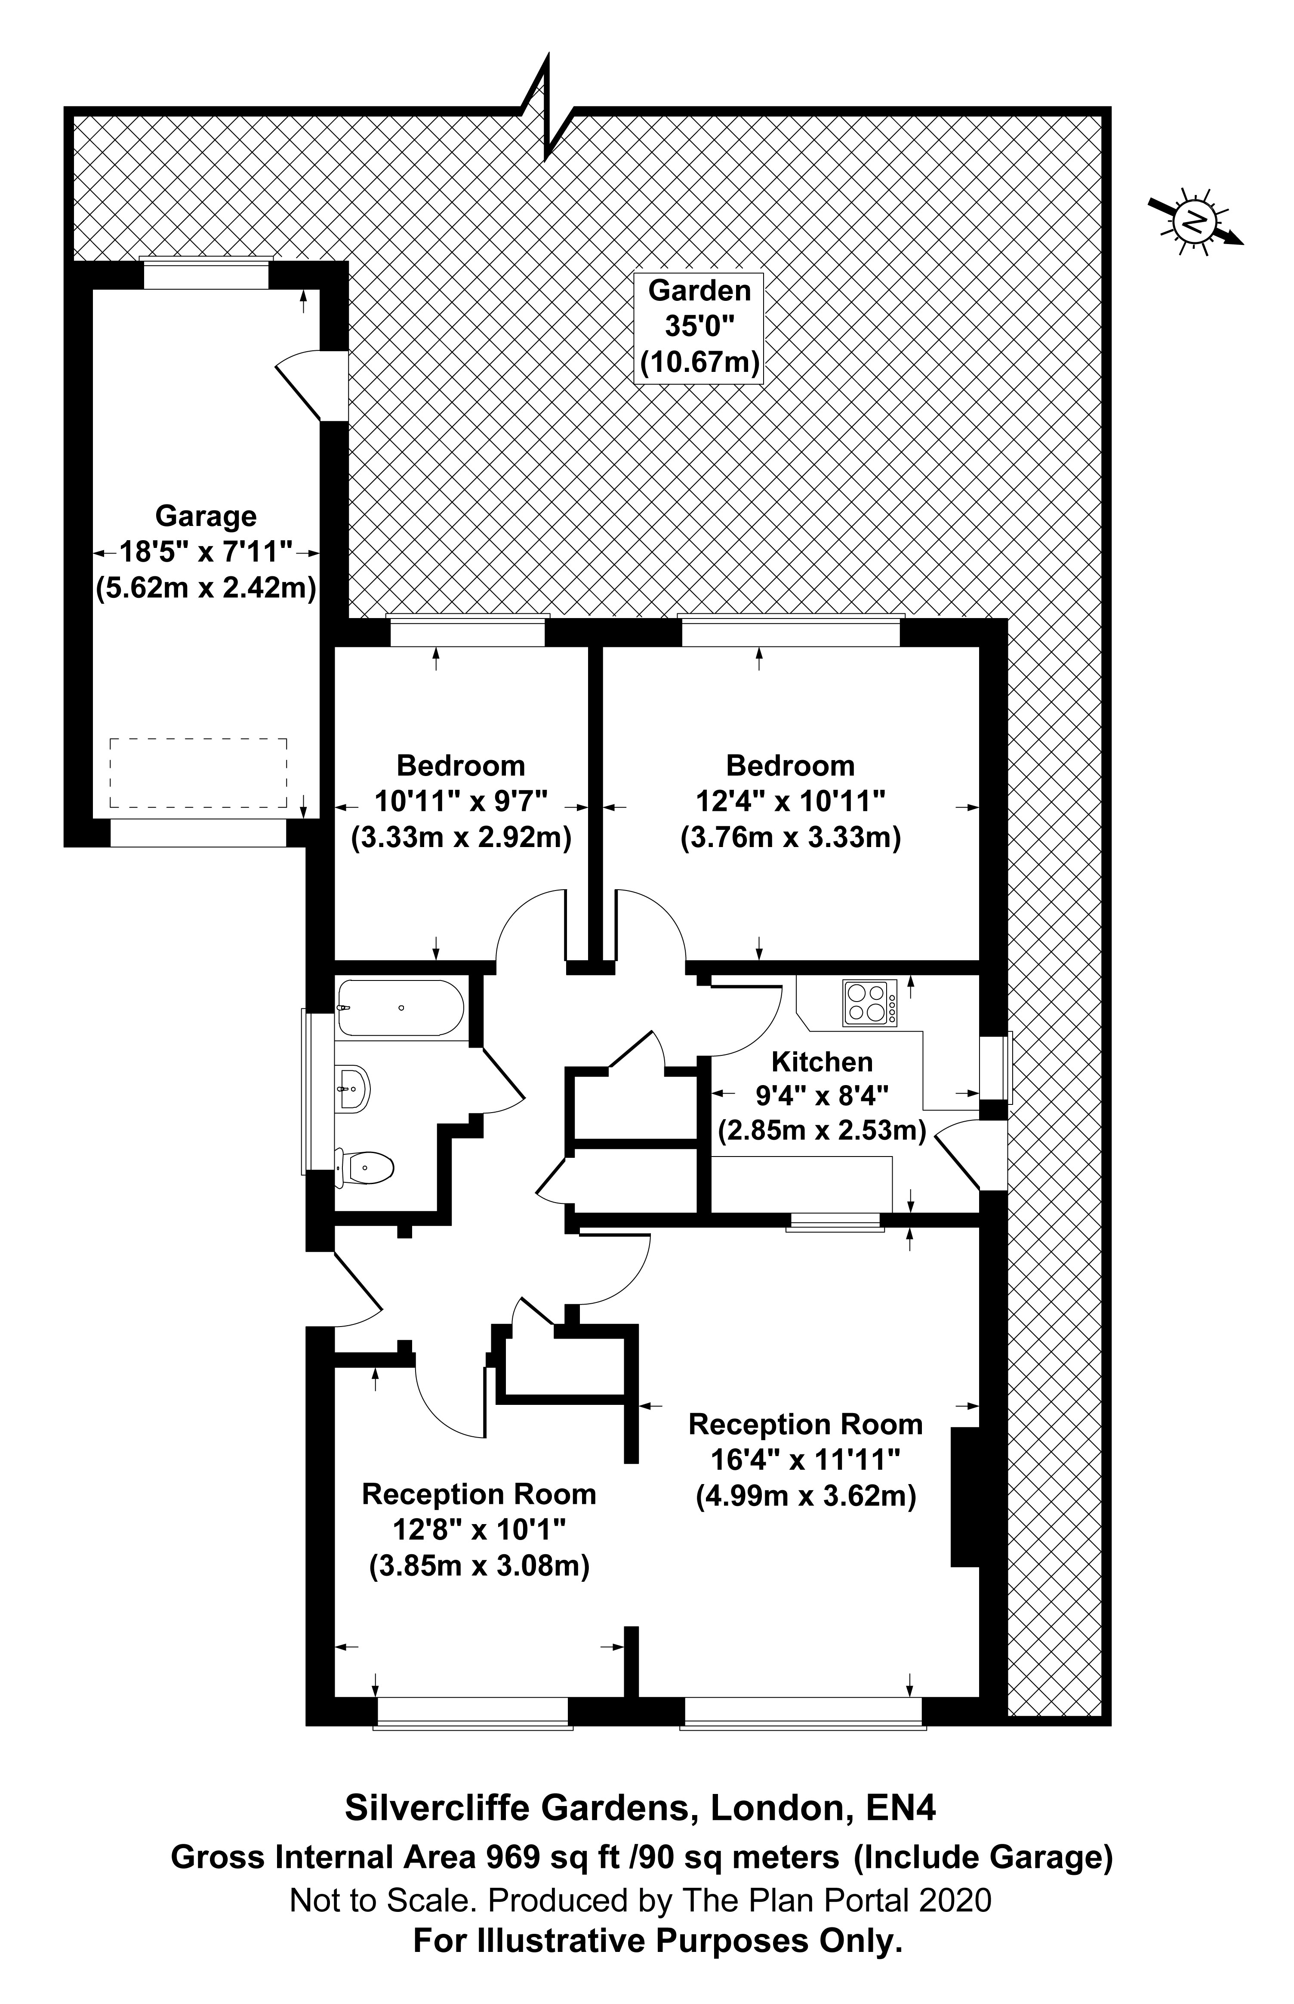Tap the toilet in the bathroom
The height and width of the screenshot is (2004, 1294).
[365, 1167]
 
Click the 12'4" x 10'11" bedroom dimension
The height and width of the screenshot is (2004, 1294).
[791, 801]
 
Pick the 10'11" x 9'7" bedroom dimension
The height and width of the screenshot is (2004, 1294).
[461, 801]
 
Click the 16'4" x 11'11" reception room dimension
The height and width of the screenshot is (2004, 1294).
[806, 1460]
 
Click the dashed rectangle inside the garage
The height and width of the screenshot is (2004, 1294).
[198, 773]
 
